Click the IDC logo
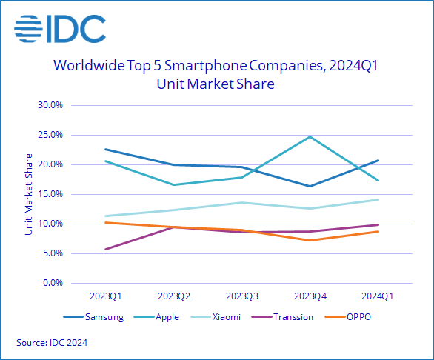click(59, 30)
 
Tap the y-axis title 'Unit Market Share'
click(28, 194)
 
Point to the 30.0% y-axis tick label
click(50, 105)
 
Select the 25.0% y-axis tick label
click(50, 135)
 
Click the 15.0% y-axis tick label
click(50, 194)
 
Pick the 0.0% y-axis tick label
click(52, 283)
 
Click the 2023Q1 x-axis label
click(106, 296)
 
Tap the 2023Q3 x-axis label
click(241, 296)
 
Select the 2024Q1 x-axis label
click(378, 296)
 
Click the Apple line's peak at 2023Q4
click(310, 136)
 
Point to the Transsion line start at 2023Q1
click(106, 249)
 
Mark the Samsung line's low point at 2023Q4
click(310, 186)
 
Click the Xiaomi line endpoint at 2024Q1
click(378, 199)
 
